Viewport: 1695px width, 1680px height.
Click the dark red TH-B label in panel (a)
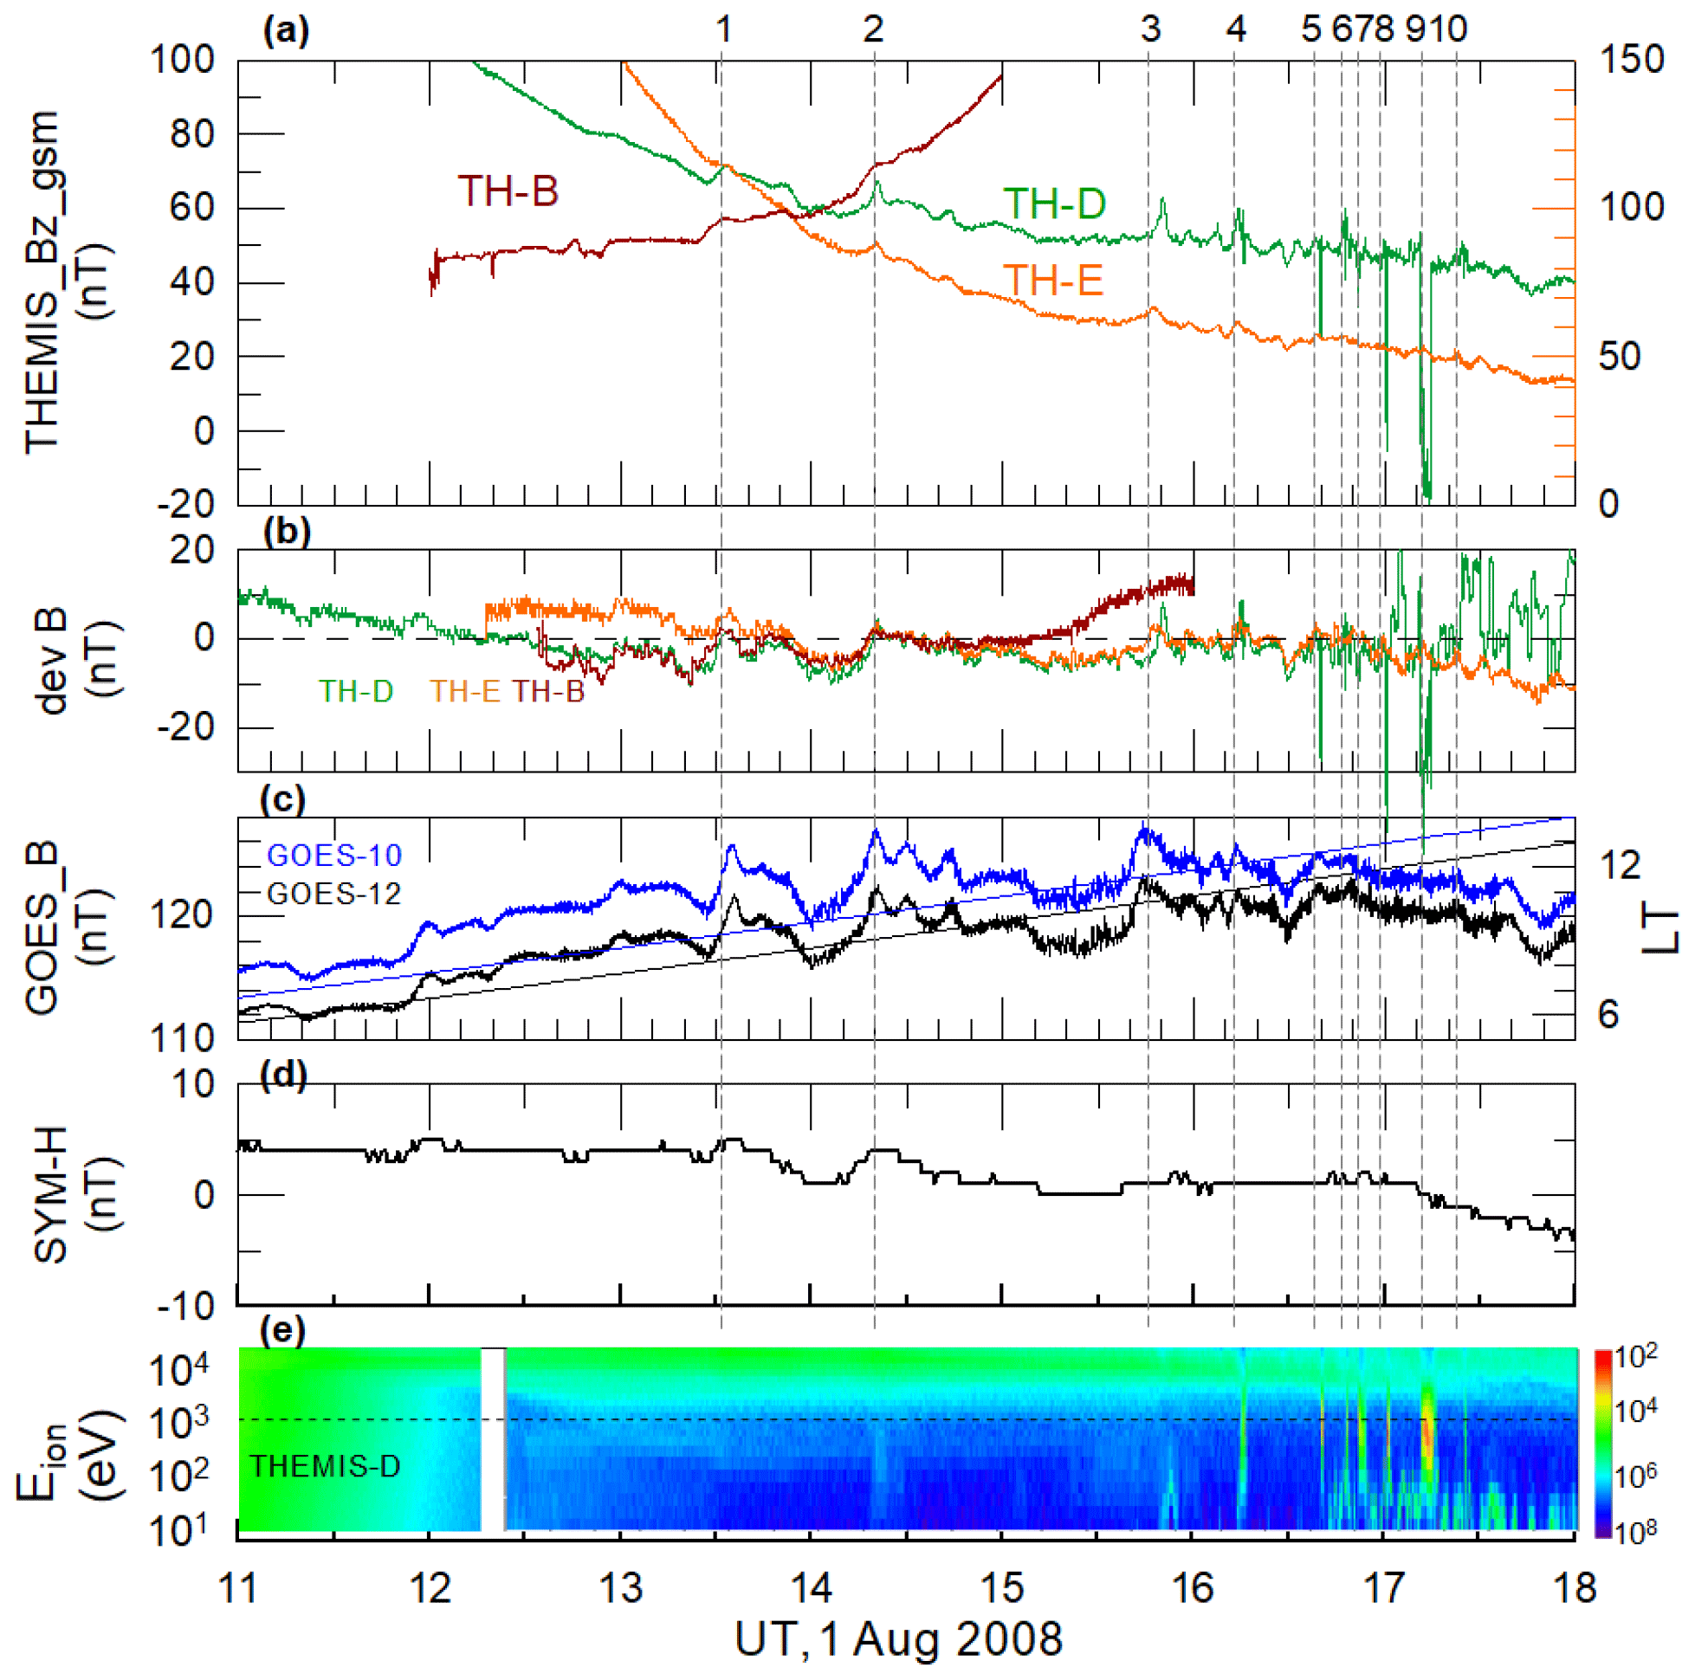point(507,191)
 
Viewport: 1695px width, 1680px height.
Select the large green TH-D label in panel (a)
point(1054,204)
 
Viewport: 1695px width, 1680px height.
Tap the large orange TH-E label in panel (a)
point(1053,281)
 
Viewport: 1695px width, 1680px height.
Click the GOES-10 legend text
point(333,855)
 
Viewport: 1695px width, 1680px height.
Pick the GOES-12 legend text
point(333,894)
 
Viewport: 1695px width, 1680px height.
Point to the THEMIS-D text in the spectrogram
point(325,1466)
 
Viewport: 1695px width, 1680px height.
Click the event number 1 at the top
point(723,29)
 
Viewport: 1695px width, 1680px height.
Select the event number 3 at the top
point(1150,29)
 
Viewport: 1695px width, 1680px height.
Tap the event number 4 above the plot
point(1235,29)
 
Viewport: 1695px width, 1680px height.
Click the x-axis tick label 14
point(811,1589)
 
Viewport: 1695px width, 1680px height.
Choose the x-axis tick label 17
point(1383,1589)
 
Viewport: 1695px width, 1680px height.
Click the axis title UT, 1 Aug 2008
point(898,1638)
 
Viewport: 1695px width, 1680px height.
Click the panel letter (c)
point(282,800)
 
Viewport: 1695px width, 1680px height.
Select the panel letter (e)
point(282,1331)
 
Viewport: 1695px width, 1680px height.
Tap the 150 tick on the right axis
point(1632,60)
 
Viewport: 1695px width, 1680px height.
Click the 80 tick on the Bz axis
point(192,134)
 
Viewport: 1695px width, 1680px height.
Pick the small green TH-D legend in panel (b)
point(355,692)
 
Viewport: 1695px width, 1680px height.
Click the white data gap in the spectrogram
point(493,1439)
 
